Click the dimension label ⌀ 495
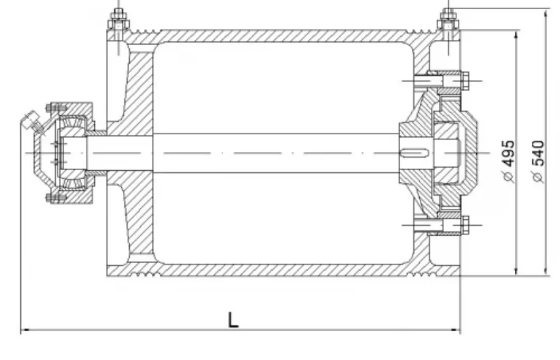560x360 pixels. coord(508,161)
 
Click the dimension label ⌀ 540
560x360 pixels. coord(538,162)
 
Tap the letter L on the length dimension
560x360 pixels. coord(233,319)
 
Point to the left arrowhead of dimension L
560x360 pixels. coord(25,330)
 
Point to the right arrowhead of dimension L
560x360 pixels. coord(457,330)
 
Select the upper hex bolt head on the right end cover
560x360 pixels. coord(464,81)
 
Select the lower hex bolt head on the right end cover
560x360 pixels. coord(464,225)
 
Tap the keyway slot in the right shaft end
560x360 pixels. coord(415,153)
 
